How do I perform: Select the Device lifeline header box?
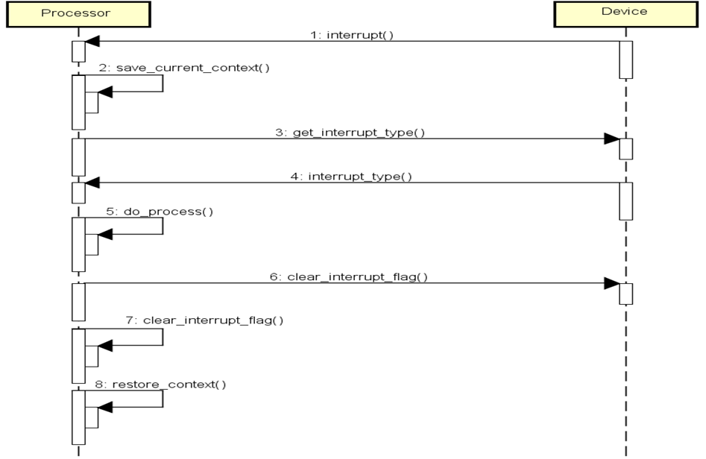[624, 13]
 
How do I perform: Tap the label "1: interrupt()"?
[352, 34]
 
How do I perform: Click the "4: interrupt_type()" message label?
[350, 177]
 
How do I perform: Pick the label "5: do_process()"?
[159, 211]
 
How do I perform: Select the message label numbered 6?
[349, 277]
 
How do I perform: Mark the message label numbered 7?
[204, 320]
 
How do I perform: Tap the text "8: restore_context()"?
[168, 384]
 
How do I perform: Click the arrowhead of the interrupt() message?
[92, 41]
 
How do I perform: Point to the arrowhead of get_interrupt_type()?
[611, 139]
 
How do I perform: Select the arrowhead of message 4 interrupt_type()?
[92, 183]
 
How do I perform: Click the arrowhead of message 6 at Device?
[611, 283]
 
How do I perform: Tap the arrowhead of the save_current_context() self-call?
[105, 92]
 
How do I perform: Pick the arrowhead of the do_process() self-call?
[105, 234]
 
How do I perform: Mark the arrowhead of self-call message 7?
[105, 345]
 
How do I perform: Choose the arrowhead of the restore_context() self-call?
[105, 407]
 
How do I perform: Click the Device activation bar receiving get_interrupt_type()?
[625, 148]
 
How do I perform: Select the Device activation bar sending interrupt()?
[625, 59]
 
